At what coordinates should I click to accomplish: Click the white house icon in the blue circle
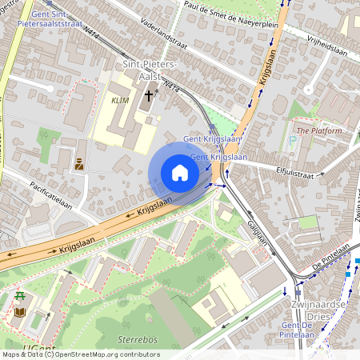(180, 172)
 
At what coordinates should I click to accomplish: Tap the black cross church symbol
(148, 95)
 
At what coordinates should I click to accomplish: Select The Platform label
(318, 130)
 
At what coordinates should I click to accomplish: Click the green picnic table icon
(19, 298)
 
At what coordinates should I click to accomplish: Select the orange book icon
(19, 312)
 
